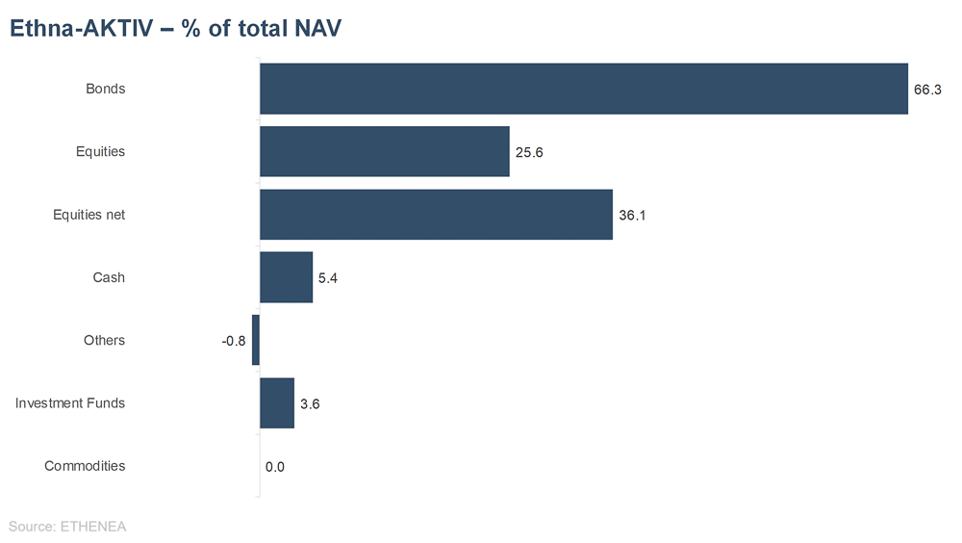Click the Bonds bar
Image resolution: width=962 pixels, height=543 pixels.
tap(584, 89)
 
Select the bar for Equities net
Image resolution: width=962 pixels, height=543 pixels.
tap(436, 215)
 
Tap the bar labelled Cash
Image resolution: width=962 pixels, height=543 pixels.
tap(286, 277)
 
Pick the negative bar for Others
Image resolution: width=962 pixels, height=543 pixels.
tap(256, 340)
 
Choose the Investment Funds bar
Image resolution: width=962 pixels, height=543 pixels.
tap(277, 403)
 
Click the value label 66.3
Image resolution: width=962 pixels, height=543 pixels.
tap(927, 90)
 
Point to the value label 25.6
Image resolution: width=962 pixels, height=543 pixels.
tap(528, 152)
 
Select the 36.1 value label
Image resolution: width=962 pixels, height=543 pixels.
tap(632, 216)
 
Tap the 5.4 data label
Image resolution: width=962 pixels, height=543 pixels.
tap(328, 278)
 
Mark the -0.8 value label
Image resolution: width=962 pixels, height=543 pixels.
tap(234, 341)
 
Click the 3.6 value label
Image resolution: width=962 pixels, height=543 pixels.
tap(310, 404)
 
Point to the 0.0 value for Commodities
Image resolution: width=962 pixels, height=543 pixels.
tap(275, 467)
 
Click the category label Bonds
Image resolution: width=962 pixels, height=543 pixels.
tap(106, 89)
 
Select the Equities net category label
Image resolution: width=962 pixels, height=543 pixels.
tap(89, 215)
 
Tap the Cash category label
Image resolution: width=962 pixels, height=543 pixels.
tap(109, 277)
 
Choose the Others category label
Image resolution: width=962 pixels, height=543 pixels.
tap(104, 340)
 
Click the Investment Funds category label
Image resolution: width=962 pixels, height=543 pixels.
tap(70, 403)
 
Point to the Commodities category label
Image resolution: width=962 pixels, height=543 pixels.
tap(85, 466)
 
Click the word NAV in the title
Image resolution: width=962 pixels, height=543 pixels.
tap(315, 29)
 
